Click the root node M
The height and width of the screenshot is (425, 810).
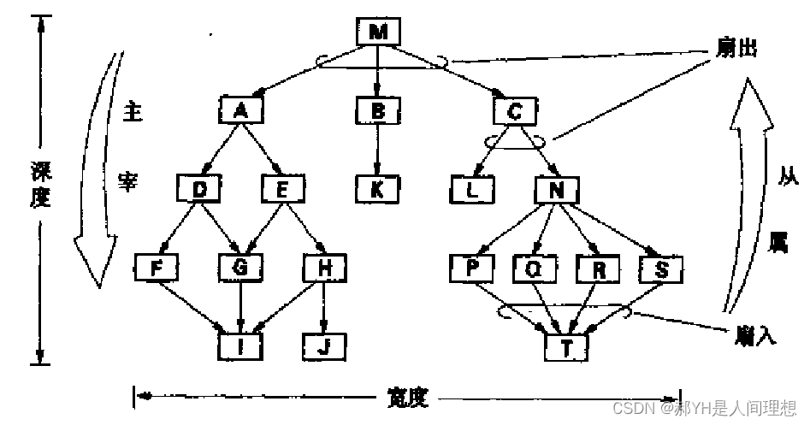point(378,32)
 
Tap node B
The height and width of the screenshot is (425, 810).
point(377,110)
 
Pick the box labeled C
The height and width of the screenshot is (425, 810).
point(515,110)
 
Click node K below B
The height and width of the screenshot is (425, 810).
point(377,188)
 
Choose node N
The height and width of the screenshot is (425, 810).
point(557,189)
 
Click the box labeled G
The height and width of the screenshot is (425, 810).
point(240,268)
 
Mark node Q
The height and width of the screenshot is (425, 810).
point(534,269)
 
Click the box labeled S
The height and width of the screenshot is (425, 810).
point(659,269)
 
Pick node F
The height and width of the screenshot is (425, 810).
point(157,268)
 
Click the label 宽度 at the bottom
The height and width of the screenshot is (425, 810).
point(407,397)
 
